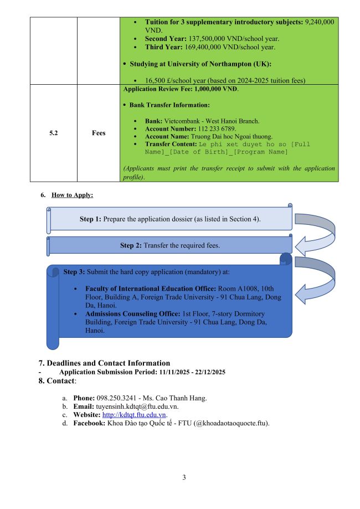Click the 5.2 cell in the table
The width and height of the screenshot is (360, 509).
click(x=53, y=133)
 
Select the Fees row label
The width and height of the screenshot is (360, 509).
click(x=98, y=133)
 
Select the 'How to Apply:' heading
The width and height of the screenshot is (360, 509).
click(x=72, y=195)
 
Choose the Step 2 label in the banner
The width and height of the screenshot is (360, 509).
click(x=131, y=245)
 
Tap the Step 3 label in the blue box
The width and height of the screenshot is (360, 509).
click(x=74, y=272)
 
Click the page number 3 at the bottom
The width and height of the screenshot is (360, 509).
click(x=184, y=477)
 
